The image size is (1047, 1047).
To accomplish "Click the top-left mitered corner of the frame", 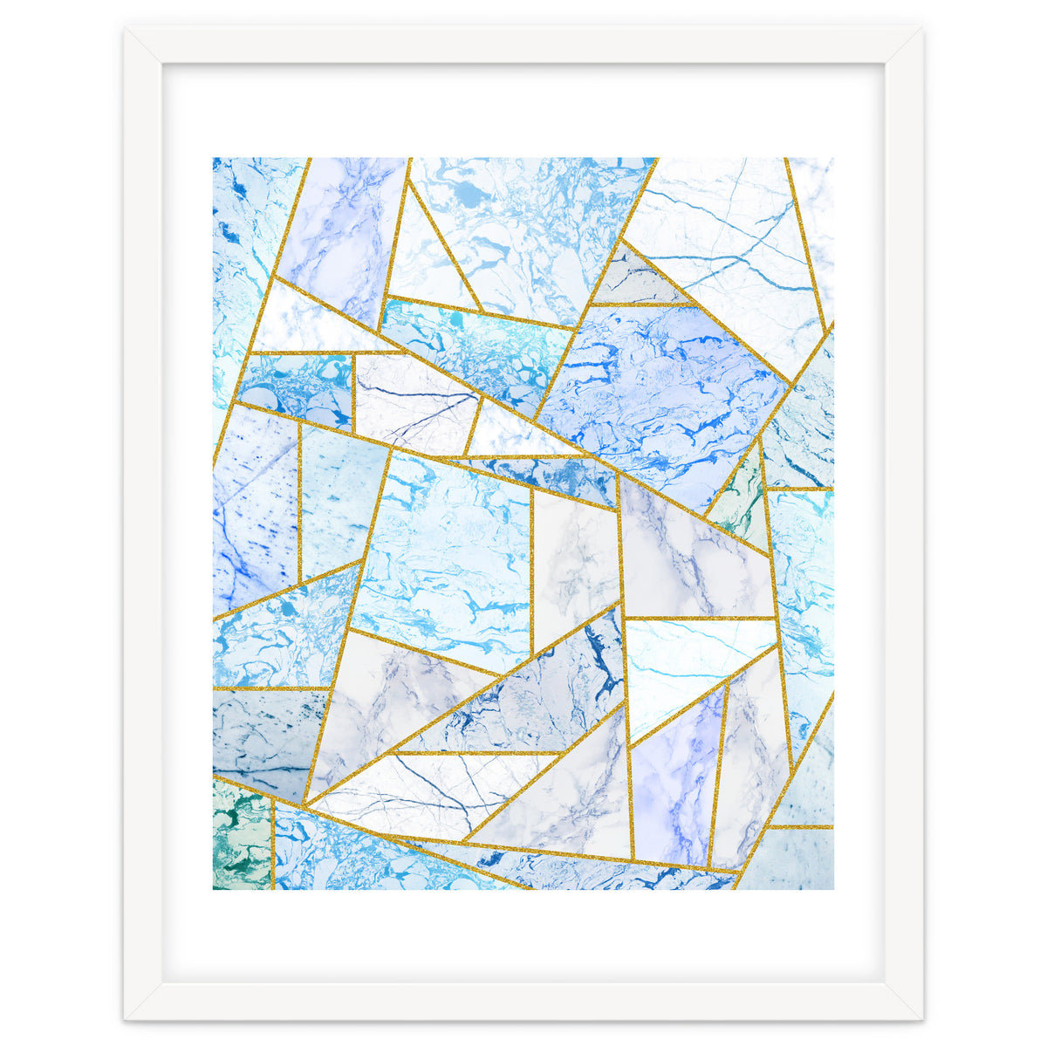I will pyautogui.click(x=127, y=31).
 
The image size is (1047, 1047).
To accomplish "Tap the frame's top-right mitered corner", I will pyautogui.click(x=920, y=31).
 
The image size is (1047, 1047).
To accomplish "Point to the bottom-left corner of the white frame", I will pyautogui.click(x=127, y=1017).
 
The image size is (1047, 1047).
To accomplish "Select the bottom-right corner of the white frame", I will pyautogui.click(x=920, y=1017).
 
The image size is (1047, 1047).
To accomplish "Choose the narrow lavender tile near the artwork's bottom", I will pyautogui.click(x=676, y=785).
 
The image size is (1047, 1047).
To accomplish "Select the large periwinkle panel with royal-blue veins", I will pyautogui.click(x=663, y=384).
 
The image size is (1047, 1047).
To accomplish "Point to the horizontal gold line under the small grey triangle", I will pyautogui.click(x=641, y=305).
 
